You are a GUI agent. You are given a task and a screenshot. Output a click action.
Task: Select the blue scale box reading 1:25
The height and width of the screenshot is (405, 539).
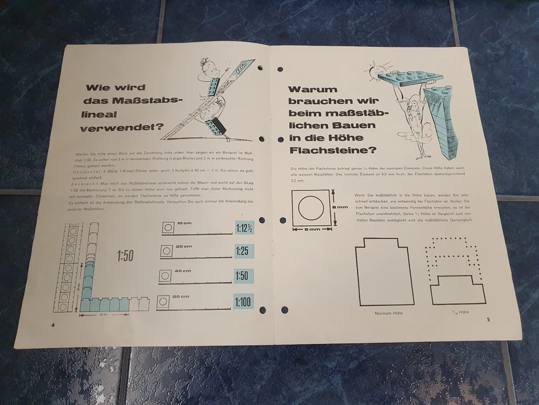pyautogui.click(x=242, y=251)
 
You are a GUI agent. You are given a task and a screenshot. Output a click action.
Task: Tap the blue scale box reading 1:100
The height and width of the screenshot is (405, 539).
pyautogui.click(x=243, y=301)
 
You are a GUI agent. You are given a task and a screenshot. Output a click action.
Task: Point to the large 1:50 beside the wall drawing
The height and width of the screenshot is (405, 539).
pyautogui.click(x=125, y=256)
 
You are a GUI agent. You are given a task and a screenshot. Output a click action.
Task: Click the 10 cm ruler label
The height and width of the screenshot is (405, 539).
pyautogui.click(x=183, y=223)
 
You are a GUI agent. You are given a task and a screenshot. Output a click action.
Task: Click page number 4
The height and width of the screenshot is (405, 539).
pyautogui.click(x=53, y=325)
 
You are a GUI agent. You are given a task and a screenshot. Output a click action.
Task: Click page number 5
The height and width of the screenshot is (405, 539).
pyautogui.click(x=488, y=319)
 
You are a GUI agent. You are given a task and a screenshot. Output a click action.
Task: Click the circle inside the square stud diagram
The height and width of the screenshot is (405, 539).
pyautogui.click(x=309, y=208)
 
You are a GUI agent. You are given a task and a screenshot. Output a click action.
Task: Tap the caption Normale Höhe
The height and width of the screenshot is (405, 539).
pyautogui.click(x=389, y=313)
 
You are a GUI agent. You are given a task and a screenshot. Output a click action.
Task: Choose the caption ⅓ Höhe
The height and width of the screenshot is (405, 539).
pyautogui.click(x=459, y=311)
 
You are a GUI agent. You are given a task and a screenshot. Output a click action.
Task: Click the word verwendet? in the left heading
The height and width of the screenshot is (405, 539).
pyautogui.click(x=120, y=127)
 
